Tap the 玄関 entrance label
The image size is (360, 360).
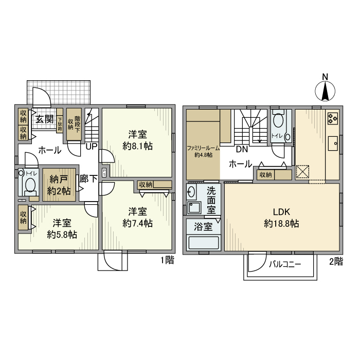pyautogui.click(x=44, y=119)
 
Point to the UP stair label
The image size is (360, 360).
pyautogui.click(x=92, y=146)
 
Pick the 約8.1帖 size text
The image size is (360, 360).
pyautogui.click(x=138, y=146)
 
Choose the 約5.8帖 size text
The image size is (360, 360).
pyautogui.click(x=62, y=235)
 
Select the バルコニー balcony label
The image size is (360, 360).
pyautogui.click(x=284, y=264)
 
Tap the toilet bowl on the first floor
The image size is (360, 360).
pyautogui.click(x=30, y=185)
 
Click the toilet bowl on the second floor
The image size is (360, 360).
pyautogui.click(x=279, y=121)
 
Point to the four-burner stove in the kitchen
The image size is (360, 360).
pyautogui.click(x=332, y=118)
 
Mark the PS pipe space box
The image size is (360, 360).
pyautogui.click(x=105, y=173)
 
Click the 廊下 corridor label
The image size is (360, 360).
pyautogui.click(x=88, y=179)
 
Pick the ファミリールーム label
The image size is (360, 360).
pyautogui.click(x=203, y=148)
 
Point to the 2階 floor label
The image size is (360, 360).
pyautogui.click(x=335, y=261)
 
